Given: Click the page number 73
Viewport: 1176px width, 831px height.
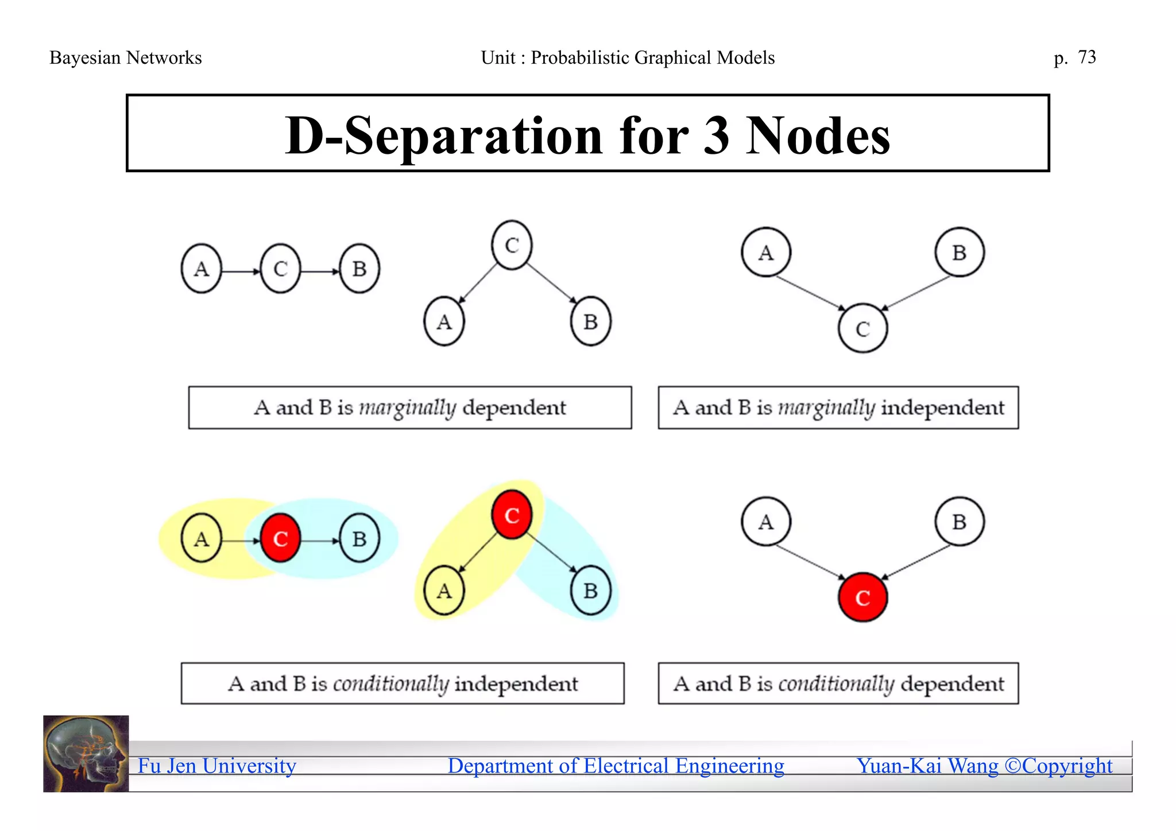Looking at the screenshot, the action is (x=1086, y=57).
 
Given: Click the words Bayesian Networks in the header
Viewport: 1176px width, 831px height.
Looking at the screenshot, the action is (x=125, y=58).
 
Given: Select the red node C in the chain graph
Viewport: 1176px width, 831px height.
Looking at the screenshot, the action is (x=280, y=538).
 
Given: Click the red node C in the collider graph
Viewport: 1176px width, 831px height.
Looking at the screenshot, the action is (x=862, y=597).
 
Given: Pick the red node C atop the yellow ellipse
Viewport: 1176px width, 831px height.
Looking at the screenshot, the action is (x=512, y=515).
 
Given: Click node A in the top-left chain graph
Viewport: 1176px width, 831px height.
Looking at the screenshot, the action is (x=201, y=269).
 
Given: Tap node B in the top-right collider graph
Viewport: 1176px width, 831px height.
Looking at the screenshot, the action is (x=959, y=253).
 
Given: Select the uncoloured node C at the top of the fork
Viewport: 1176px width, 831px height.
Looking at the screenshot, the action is (x=512, y=245).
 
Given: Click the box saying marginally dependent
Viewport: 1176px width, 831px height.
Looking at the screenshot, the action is (x=410, y=407).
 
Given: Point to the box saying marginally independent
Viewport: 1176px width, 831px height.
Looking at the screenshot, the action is (x=838, y=407).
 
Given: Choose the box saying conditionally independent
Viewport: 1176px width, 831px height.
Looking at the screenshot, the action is (x=403, y=684).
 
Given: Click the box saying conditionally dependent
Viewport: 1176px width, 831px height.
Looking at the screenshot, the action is (x=838, y=684).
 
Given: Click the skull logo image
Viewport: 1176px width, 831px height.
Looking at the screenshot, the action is (x=86, y=754).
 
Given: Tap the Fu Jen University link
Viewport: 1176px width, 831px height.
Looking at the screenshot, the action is (x=217, y=766).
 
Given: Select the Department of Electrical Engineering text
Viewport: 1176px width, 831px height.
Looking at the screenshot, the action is (x=616, y=766).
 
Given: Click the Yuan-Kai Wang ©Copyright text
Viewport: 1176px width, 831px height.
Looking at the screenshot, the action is (x=984, y=766).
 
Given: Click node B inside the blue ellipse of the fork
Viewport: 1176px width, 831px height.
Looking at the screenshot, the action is (x=590, y=591).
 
